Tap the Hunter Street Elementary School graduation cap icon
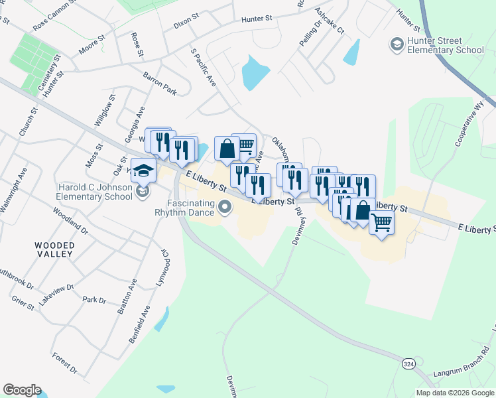(x=397, y=44)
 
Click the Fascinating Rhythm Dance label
(x=184, y=208)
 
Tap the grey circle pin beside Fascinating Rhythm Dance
(x=225, y=208)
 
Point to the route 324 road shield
(x=410, y=364)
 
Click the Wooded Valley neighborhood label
(x=55, y=249)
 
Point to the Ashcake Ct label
(x=330, y=21)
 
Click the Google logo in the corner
(x=22, y=390)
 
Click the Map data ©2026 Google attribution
(x=454, y=393)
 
